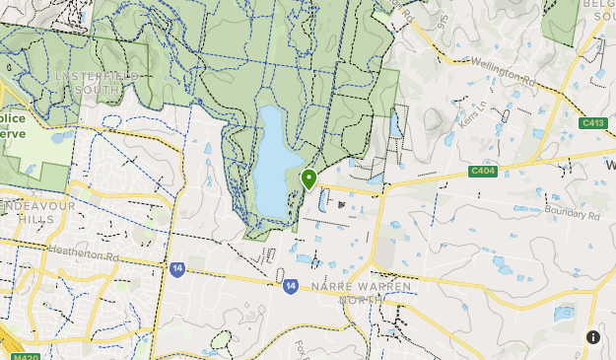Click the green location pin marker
[x=308, y=179]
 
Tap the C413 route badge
[x=592, y=123]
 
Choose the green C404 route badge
[x=482, y=171]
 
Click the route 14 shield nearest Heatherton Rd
[x=176, y=268]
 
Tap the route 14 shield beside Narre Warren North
[x=291, y=286]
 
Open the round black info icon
[x=592, y=337]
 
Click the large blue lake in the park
[x=272, y=163]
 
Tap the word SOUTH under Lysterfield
[x=98, y=90]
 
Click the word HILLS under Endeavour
[x=34, y=219]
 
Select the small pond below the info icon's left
[x=564, y=315]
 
